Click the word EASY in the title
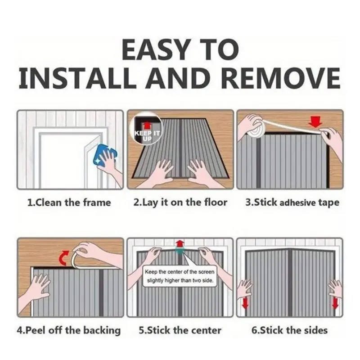(x=156, y=49)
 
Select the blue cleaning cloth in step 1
(x=105, y=155)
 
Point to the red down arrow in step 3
(x=315, y=121)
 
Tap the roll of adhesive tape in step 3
(x=256, y=128)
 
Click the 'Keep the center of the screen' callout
(x=180, y=276)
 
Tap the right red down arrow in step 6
(x=335, y=303)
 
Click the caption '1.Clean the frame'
(x=69, y=202)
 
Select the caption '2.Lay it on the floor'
(x=180, y=202)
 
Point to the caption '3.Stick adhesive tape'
(x=292, y=203)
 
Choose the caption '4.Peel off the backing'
(x=69, y=330)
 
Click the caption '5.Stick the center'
(x=180, y=330)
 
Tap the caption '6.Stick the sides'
(x=289, y=330)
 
